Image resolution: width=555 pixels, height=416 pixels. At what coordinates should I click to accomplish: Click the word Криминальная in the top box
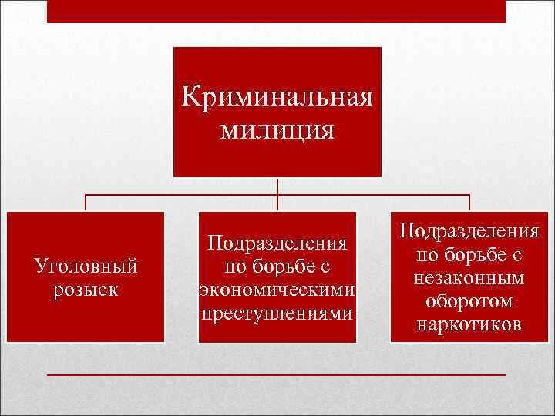click(277, 98)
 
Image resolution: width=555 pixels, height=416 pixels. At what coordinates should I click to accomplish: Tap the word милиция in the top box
click(277, 129)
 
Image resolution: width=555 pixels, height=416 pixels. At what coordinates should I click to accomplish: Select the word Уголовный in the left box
click(86, 267)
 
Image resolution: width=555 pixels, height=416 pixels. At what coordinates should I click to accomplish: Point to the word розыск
click(86, 289)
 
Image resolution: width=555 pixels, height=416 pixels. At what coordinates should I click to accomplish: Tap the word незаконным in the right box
click(469, 278)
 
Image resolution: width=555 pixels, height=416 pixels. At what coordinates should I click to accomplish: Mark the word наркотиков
click(469, 324)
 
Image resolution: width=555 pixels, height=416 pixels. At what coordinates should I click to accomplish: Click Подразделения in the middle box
click(277, 244)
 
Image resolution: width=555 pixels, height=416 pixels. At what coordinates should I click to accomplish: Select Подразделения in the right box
click(469, 232)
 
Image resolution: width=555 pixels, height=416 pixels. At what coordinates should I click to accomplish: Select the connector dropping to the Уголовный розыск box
click(86, 203)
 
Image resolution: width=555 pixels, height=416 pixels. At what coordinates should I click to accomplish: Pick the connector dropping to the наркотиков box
click(469, 203)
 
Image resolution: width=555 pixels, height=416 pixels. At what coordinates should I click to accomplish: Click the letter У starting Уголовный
click(42, 267)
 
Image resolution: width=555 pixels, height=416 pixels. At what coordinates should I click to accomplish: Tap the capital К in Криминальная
click(190, 98)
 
